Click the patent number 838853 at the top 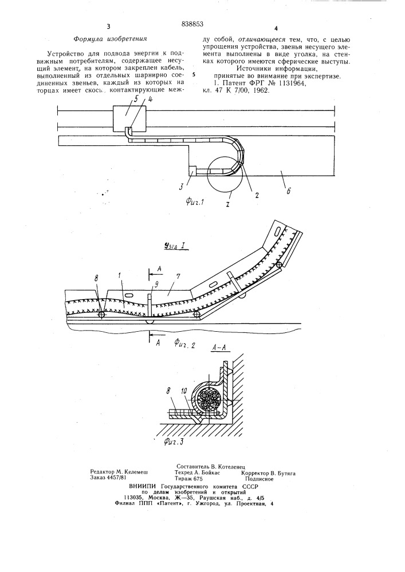192,25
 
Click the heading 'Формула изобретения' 110,38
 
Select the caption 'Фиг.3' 174,443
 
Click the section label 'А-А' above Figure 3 220,348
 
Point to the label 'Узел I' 175,247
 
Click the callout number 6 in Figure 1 289,191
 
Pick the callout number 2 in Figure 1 257,195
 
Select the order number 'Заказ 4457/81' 108,477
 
